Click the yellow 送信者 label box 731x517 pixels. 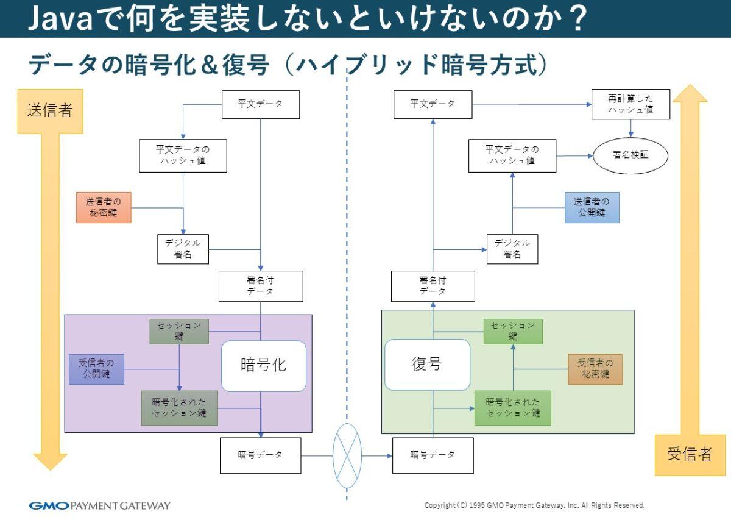click(x=50, y=111)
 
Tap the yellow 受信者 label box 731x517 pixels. click(x=690, y=455)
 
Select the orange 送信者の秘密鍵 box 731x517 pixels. click(x=104, y=207)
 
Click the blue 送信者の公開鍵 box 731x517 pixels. click(x=592, y=207)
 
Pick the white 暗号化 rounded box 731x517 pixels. click(x=263, y=366)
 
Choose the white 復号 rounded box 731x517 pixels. click(x=427, y=365)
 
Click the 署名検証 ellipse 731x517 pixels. click(x=630, y=155)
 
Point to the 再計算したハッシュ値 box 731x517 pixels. click(x=630, y=104)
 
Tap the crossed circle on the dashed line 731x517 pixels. click(x=347, y=455)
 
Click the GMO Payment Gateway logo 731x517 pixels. click(x=100, y=505)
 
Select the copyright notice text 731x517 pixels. click(x=534, y=505)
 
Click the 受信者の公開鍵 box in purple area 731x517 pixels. click(x=96, y=369)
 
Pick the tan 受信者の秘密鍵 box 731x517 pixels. click(x=595, y=369)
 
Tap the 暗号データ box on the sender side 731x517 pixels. click(x=260, y=455)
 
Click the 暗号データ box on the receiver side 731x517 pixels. click(x=433, y=455)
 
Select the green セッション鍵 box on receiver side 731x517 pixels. click(x=513, y=331)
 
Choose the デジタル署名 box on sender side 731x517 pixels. click(x=183, y=249)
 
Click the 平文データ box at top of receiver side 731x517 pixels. click(x=433, y=104)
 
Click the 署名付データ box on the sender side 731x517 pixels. click(x=261, y=286)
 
